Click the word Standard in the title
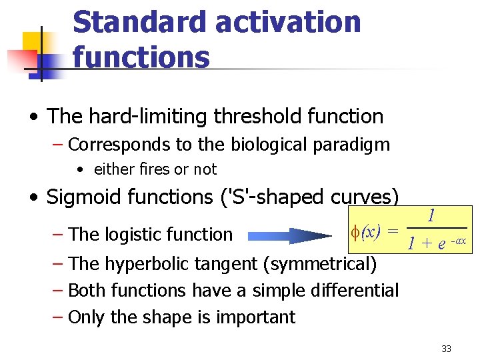pos(138,22)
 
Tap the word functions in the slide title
pos(141,56)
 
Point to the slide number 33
pos(446,349)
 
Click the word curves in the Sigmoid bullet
pos(364,197)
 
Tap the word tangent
pos(227,264)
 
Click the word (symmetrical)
pos(320,264)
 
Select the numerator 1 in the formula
pos(431,216)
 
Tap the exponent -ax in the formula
pos(459,240)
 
